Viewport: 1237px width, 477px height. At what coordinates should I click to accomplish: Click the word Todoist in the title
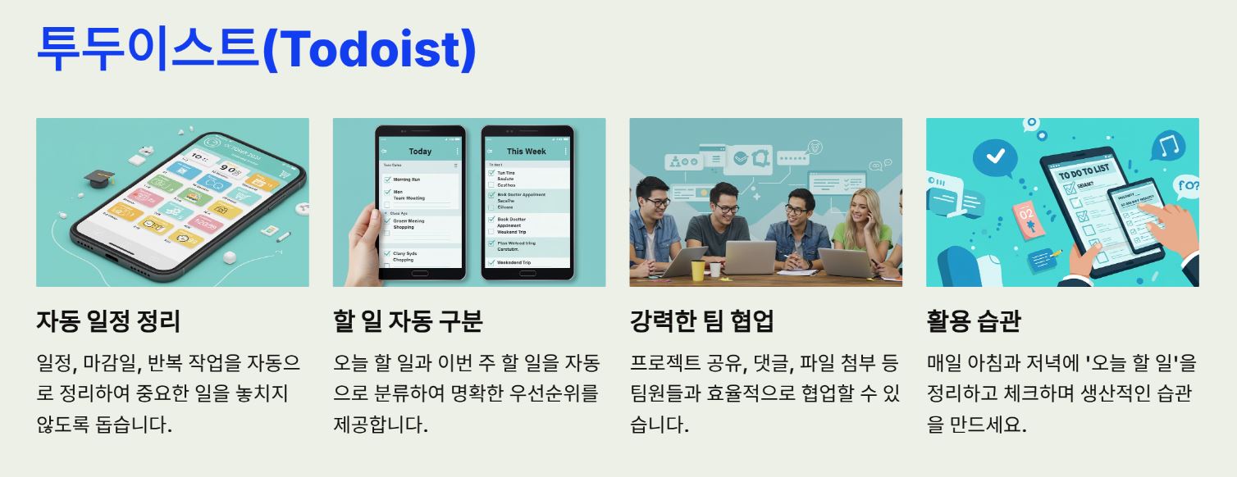368,50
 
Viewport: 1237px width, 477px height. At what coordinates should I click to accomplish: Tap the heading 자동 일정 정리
108,321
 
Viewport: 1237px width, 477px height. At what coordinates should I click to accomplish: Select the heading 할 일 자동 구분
408,321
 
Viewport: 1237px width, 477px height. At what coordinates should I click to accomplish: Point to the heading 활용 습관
973,321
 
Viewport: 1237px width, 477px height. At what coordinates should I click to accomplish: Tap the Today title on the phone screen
420,152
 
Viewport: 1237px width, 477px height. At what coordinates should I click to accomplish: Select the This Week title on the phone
526,152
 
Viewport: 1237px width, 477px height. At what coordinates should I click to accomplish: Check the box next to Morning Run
387,179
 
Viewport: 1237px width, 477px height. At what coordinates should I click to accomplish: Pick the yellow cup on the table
697,270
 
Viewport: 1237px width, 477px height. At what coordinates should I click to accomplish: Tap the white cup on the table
714,270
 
